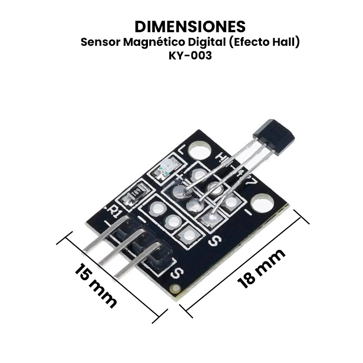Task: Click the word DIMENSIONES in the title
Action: click(x=191, y=25)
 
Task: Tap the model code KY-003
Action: click(x=190, y=56)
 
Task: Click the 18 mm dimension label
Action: click(x=262, y=268)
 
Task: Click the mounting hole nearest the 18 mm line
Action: click(x=261, y=202)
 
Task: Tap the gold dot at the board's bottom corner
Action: click(x=174, y=288)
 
